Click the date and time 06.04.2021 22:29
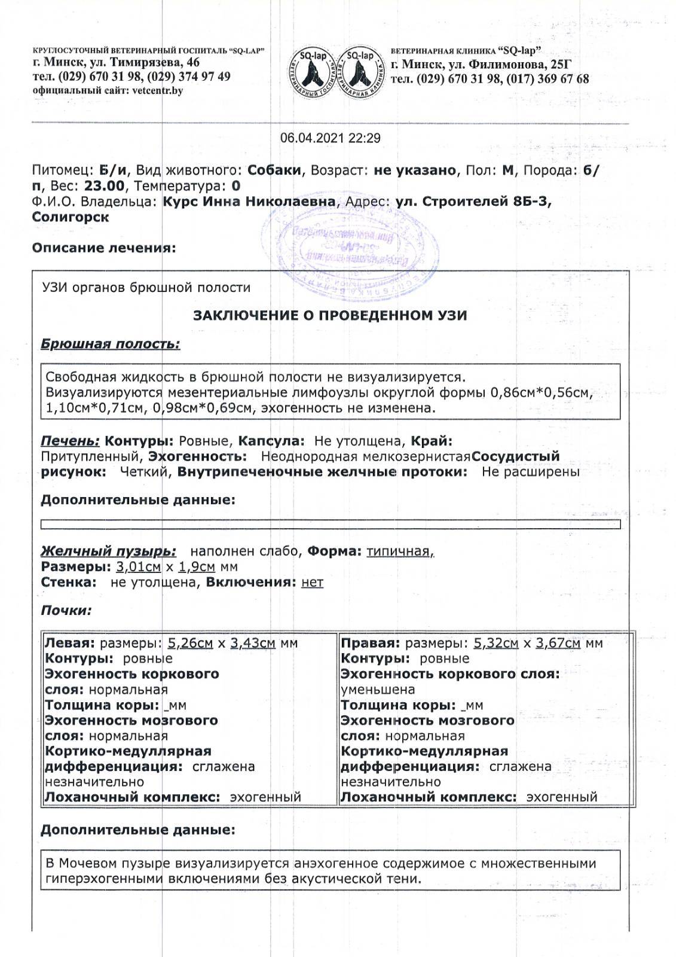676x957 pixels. (330, 138)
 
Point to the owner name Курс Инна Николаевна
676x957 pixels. (249, 202)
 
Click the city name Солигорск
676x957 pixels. (71, 217)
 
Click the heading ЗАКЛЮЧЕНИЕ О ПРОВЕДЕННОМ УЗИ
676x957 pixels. (330, 315)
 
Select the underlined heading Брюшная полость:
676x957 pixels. (110, 344)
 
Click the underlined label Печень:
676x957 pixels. (70, 441)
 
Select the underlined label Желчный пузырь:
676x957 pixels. (108, 551)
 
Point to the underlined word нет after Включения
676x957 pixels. (312, 582)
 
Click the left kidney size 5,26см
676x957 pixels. (191, 644)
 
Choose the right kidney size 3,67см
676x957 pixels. (558, 644)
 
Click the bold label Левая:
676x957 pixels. (70, 644)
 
